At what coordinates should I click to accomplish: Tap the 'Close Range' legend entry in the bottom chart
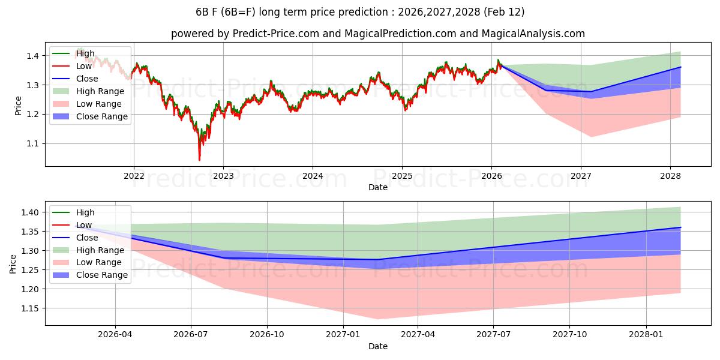(102, 275)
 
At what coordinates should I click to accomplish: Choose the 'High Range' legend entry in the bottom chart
(100, 250)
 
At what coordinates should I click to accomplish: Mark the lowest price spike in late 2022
(199, 160)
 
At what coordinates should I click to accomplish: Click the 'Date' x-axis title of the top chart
(378, 187)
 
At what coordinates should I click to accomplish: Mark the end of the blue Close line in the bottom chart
(680, 227)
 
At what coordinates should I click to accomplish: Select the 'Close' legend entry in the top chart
(88, 79)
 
